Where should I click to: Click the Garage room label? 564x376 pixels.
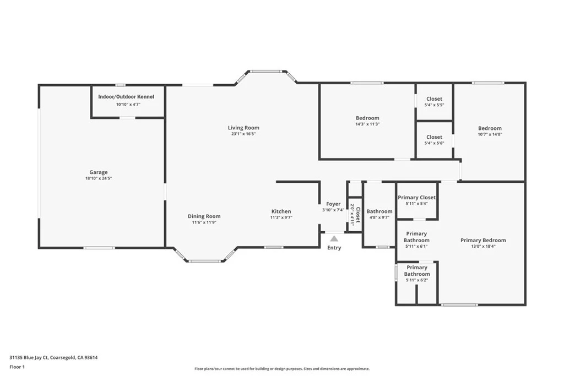pos(99,172)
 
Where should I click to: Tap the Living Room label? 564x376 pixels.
pos(243,128)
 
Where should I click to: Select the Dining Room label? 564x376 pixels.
pos(204,216)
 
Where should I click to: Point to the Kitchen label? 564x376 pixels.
pos(281,211)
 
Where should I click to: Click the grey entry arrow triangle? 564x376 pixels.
pos(334,238)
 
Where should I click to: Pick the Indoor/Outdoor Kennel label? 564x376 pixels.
pos(126,97)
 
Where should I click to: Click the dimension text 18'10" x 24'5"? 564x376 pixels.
pos(99,178)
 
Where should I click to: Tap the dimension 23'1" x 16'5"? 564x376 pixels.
pos(243,134)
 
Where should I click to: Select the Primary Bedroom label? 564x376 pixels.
pos(483,240)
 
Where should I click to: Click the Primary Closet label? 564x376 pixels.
pos(416,197)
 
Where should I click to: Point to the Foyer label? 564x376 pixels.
pos(333,204)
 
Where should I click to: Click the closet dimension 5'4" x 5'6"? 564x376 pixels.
pos(434,143)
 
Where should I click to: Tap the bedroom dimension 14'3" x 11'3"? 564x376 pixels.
pos(367,124)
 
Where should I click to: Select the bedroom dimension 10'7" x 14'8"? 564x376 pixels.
pos(490,134)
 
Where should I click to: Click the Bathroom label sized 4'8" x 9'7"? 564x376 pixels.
pos(379,211)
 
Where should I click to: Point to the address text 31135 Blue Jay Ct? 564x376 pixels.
pos(29,358)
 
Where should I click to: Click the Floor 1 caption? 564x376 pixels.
pos(17,367)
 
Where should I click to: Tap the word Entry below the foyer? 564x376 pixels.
pos(334,248)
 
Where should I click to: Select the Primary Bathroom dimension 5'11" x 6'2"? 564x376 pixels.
pos(417,280)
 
